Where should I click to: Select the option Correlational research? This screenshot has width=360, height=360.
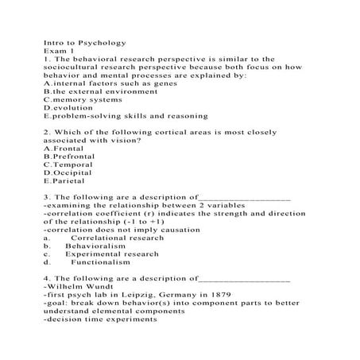pos(117,238)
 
